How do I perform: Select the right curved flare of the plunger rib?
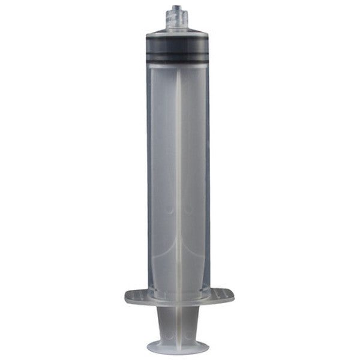pos(197,252)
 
